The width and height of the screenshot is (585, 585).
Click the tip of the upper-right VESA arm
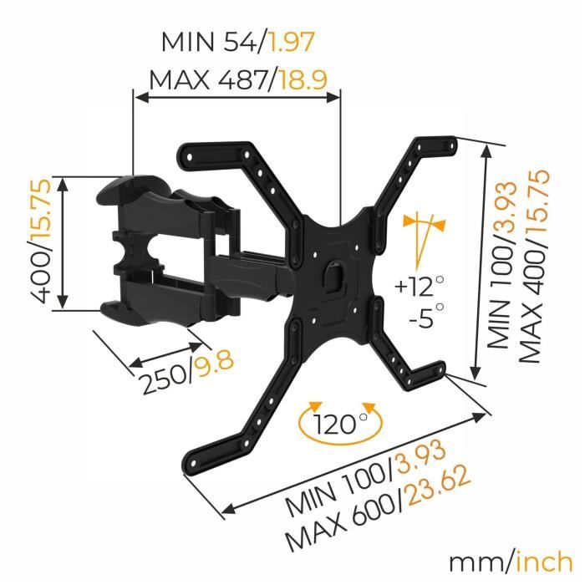point(447,147)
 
